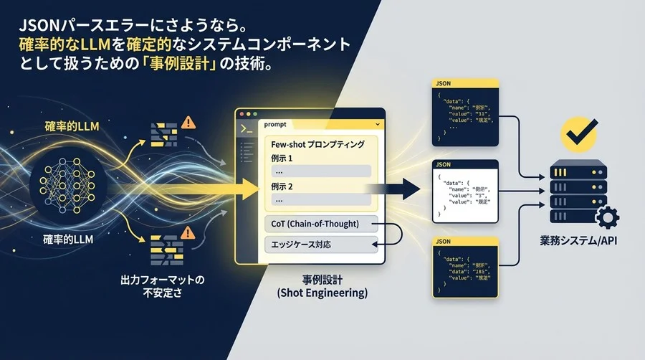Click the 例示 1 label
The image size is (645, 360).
click(x=283, y=158)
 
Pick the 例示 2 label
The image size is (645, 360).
click(x=283, y=186)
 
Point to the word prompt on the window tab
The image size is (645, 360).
click(x=275, y=124)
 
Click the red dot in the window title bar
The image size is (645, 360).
click(x=241, y=115)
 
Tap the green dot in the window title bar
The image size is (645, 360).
click(x=256, y=115)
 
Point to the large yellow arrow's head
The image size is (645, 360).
click(x=251, y=189)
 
